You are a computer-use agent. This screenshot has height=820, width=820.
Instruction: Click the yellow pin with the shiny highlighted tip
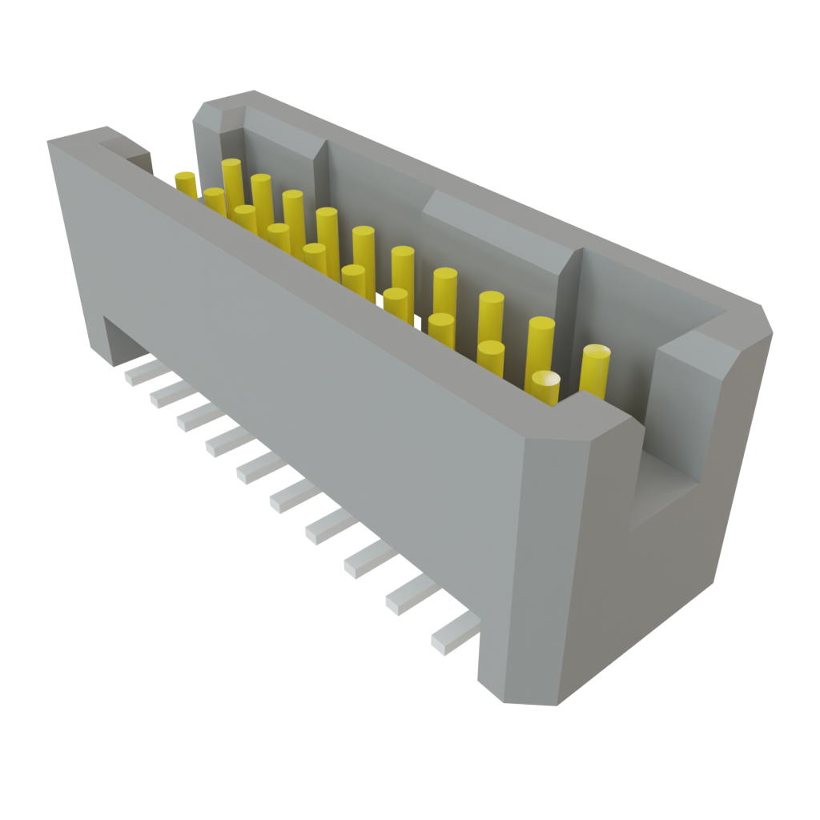click(546, 382)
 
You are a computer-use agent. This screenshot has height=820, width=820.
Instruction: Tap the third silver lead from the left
click(195, 416)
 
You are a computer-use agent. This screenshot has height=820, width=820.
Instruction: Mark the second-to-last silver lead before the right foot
click(409, 597)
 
